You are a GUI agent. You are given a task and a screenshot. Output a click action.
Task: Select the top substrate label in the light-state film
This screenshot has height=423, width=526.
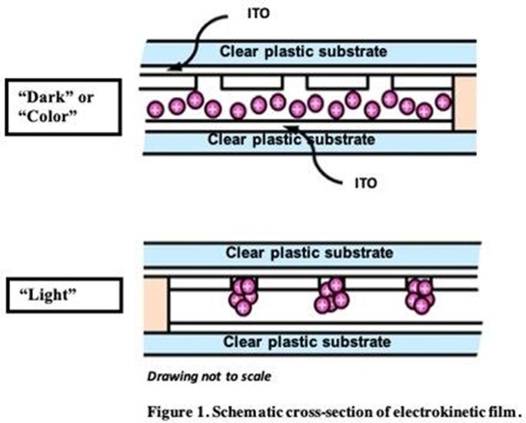[309, 253]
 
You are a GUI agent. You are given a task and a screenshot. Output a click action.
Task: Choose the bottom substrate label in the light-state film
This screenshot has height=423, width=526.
[309, 342]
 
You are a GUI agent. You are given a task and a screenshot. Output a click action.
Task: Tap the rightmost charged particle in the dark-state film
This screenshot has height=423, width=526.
[444, 102]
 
